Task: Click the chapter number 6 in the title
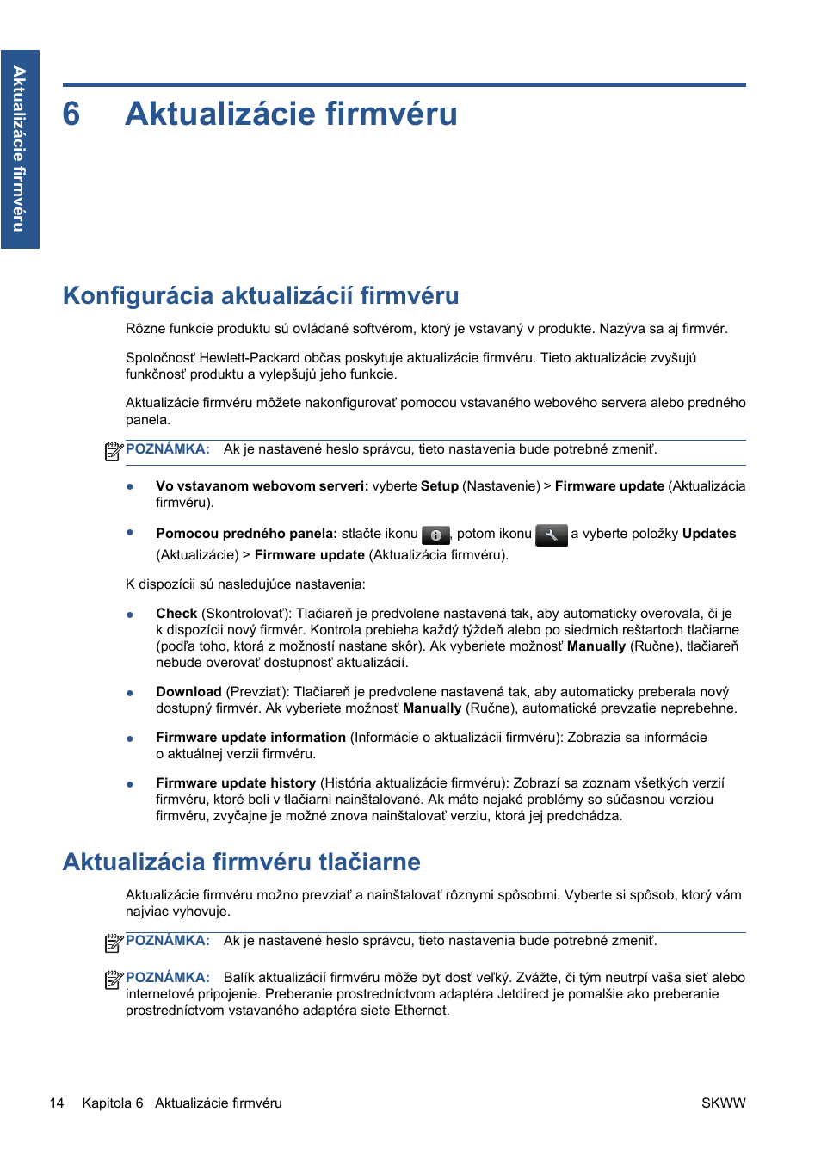click(71, 114)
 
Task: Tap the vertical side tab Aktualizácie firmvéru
click(20, 149)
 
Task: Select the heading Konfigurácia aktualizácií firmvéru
click(261, 296)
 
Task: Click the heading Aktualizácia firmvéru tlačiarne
click(242, 862)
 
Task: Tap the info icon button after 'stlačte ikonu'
click(436, 535)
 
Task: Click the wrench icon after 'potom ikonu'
click(551, 535)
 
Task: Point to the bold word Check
click(176, 614)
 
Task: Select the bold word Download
click(188, 692)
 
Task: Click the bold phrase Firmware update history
click(236, 783)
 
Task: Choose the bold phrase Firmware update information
click(250, 738)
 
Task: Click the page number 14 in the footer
click(57, 1103)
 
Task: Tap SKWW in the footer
click(723, 1103)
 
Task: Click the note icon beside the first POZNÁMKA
click(114, 451)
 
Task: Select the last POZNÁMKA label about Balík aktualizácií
click(168, 978)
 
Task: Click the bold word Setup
click(440, 486)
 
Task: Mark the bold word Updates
click(709, 534)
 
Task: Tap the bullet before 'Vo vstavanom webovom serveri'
click(130, 486)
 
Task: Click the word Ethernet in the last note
click(420, 1011)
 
